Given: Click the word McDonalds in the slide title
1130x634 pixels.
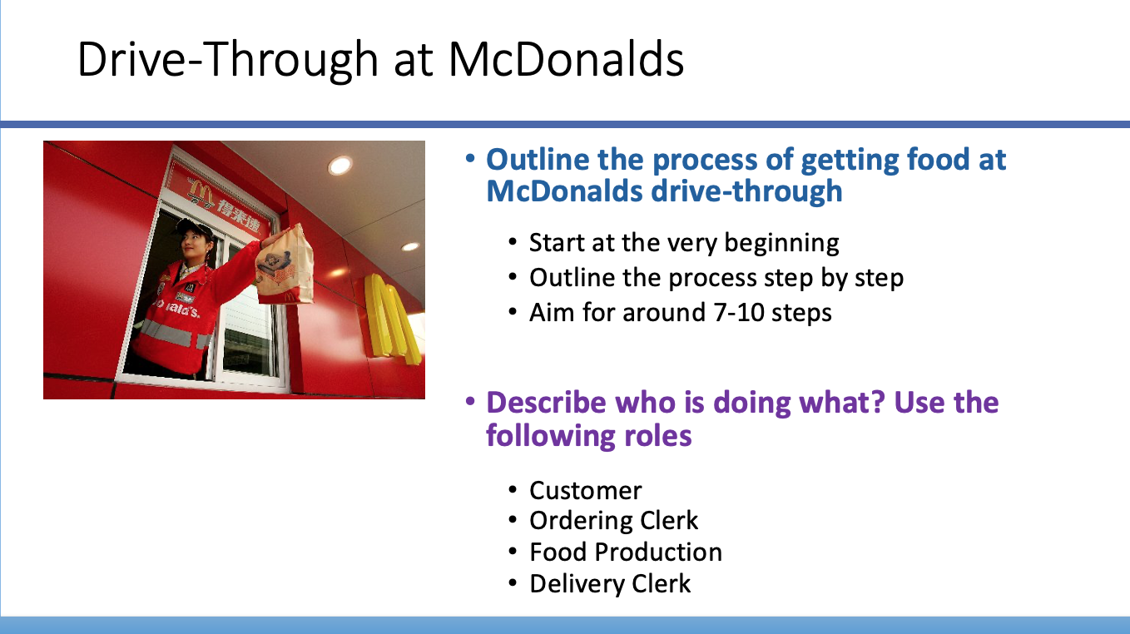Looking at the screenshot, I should click(566, 60).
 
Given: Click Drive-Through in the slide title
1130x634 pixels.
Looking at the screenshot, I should click(226, 60).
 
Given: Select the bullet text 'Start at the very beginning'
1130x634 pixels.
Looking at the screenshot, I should click(684, 243).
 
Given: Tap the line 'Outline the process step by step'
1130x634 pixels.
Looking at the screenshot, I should click(716, 277).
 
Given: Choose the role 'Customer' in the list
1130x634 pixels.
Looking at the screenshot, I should click(585, 490).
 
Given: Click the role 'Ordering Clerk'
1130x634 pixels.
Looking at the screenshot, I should click(613, 521).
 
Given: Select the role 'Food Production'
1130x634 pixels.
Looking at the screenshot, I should click(625, 552).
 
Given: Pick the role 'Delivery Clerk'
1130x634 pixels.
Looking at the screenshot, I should click(610, 583).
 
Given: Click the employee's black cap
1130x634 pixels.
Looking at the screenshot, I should click(192, 225).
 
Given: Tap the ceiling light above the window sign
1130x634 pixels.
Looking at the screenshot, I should click(339, 166).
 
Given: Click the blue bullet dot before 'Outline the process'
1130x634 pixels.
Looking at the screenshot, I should click(471, 158).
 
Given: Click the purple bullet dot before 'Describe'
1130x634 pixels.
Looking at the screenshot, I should click(471, 402).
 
